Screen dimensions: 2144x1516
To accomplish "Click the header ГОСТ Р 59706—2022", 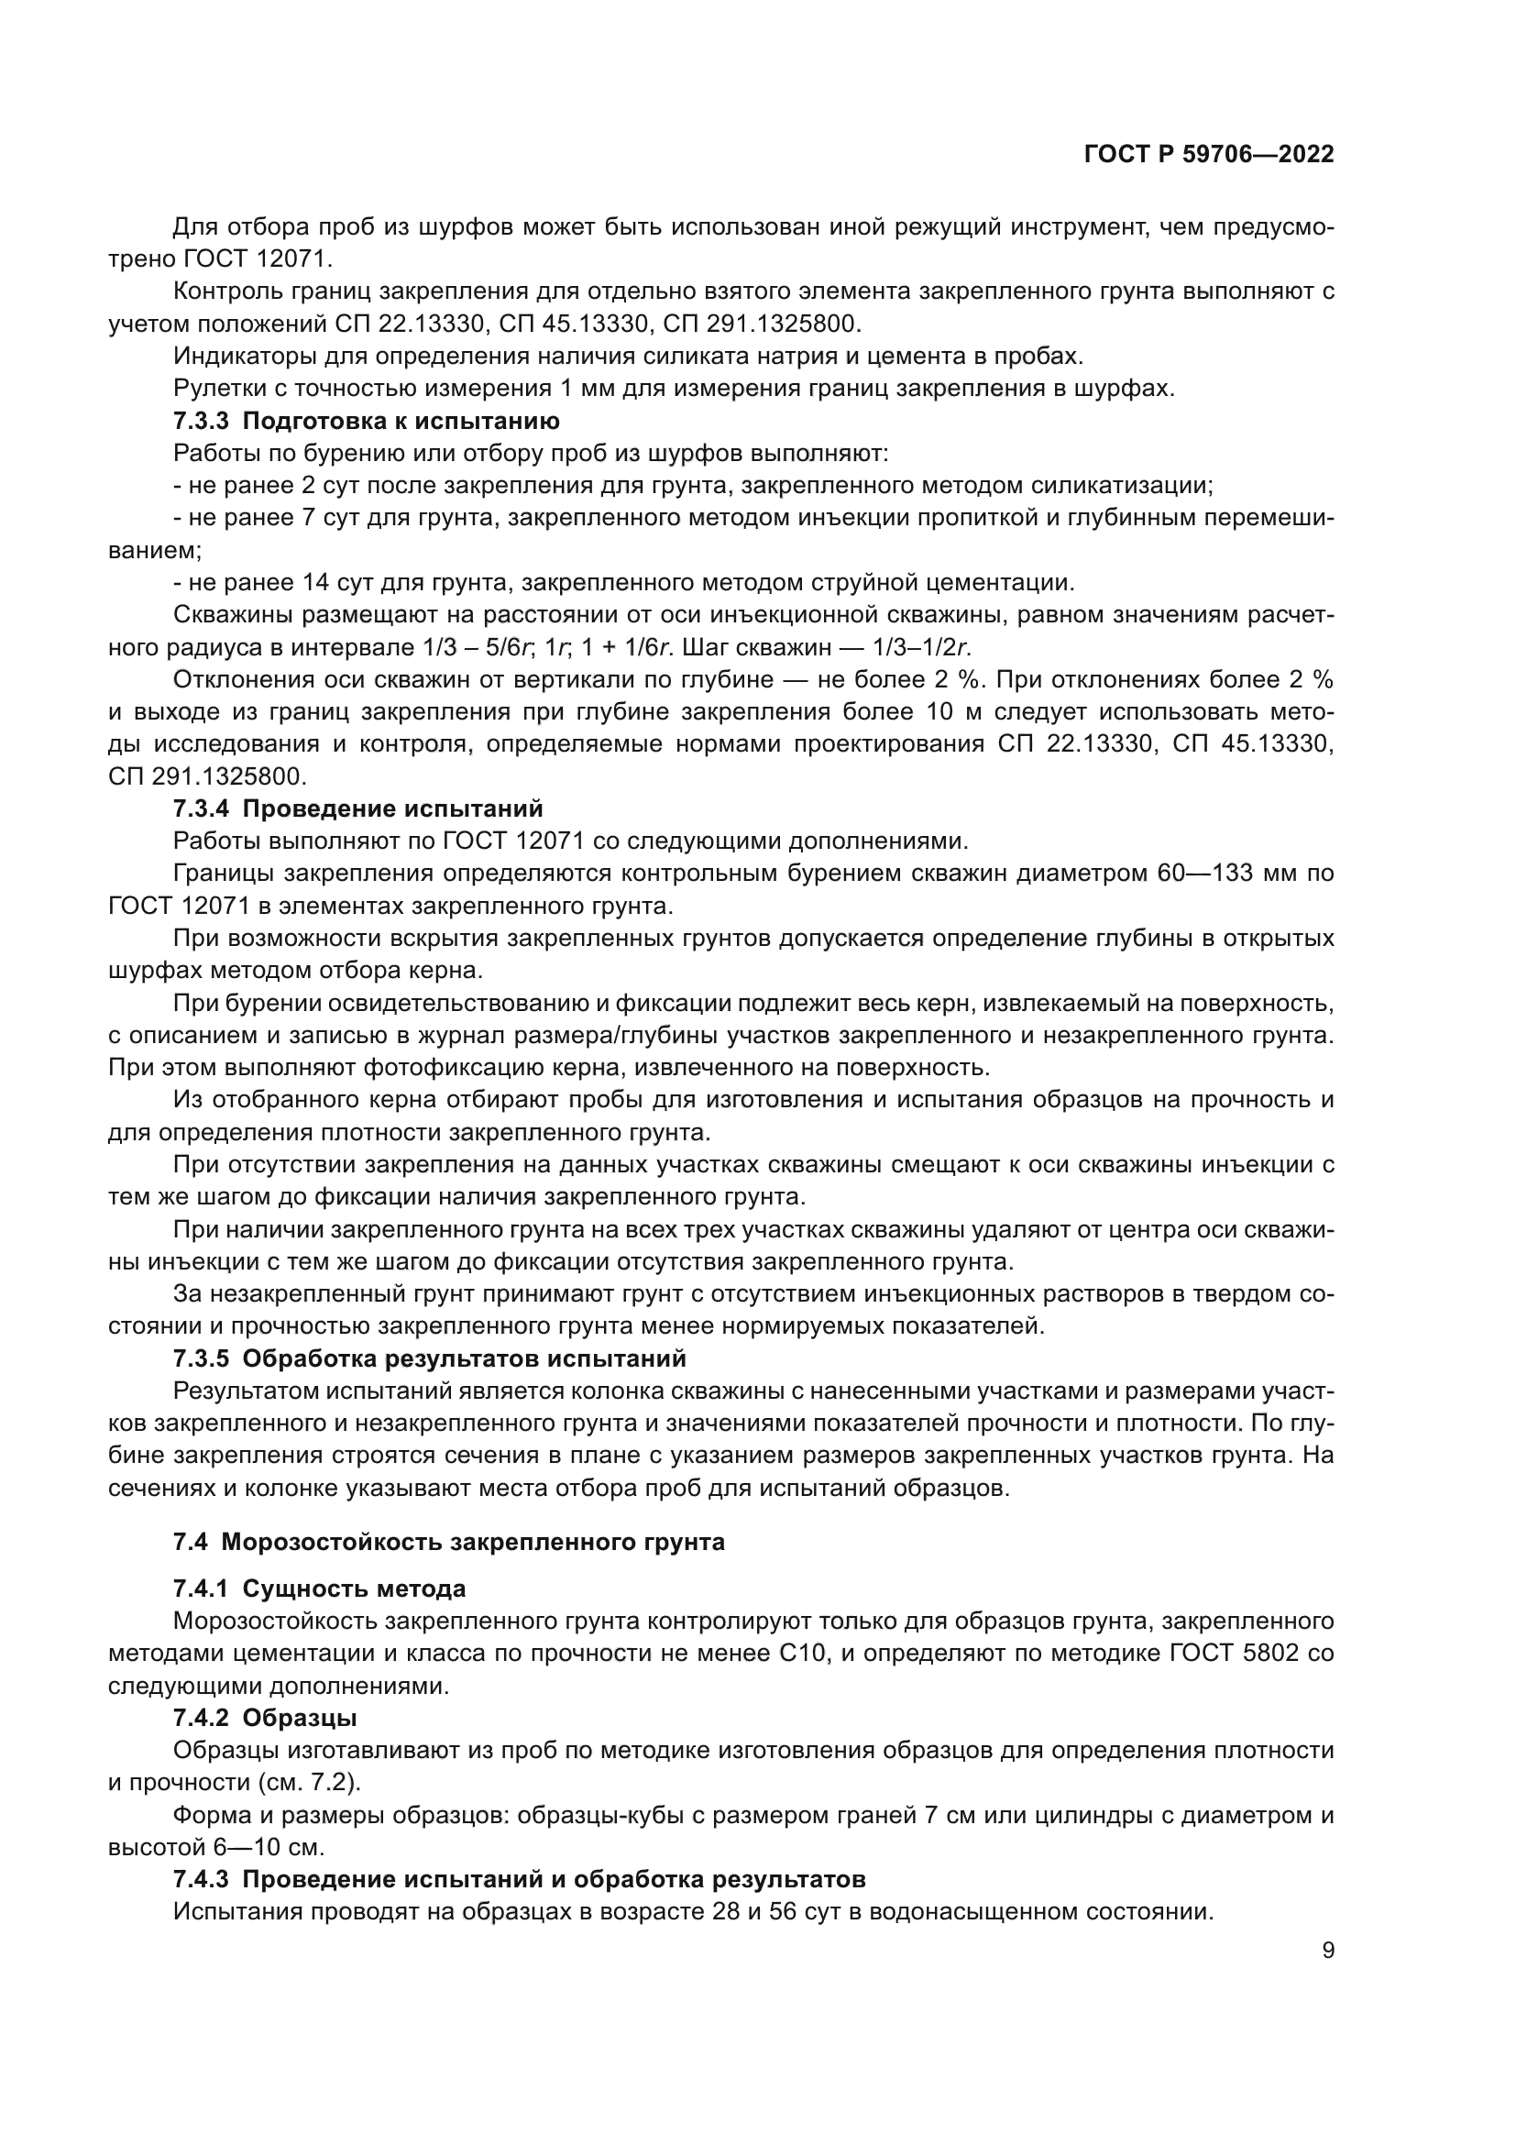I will click(x=1209, y=154).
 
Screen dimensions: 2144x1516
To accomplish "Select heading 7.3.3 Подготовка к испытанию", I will click(x=366, y=421).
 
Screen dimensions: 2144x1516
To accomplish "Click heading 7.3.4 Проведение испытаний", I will click(x=357, y=808).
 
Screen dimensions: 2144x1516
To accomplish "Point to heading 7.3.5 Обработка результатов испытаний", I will click(x=429, y=1358).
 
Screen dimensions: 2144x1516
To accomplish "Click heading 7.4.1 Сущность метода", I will click(x=319, y=1589).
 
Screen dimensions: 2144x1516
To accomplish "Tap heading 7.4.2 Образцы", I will click(x=265, y=1717).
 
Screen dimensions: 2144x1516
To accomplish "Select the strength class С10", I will click(x=804, y=1653).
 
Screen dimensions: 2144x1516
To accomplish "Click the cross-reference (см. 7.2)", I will click(x=306, y=1782).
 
